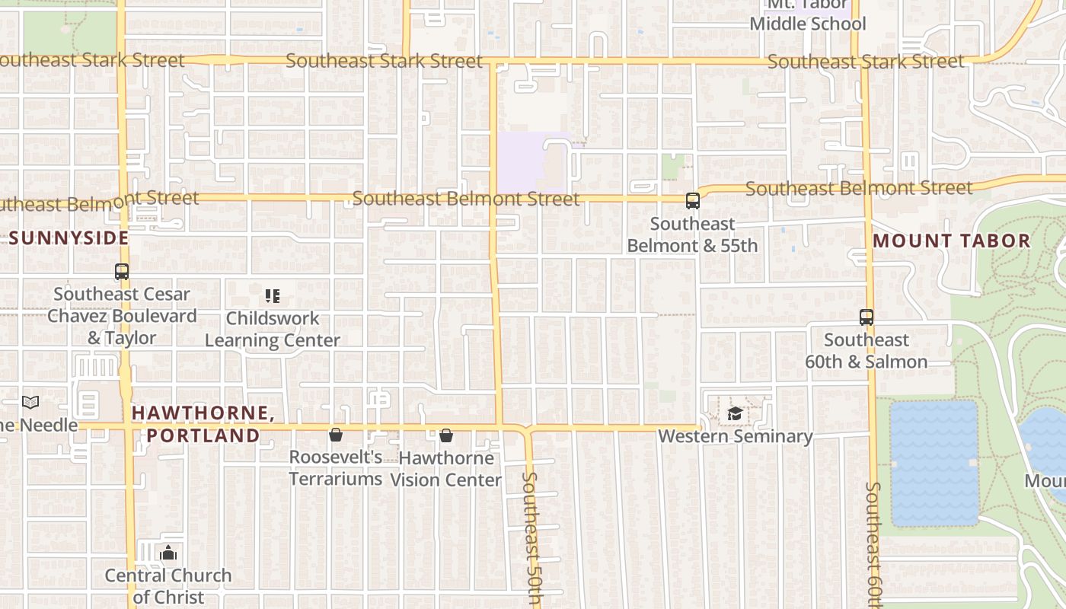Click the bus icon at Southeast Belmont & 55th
tap(693, 201)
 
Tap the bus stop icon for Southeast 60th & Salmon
tap(867, 317)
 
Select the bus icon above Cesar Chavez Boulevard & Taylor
tap(122, 271)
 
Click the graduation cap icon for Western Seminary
tap(735, 413)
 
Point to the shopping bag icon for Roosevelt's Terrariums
tap(335, 435)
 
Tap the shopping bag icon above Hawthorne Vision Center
tap(446, 435)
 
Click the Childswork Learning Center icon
tap(273, 295)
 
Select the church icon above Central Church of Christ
tap(168, 553)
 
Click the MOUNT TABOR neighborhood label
tap(951, 241)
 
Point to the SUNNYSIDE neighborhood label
tap(69, 238)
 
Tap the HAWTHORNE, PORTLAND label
tap(202, 424)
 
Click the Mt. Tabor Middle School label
tap(807, 17)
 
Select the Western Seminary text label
tap(736, 436)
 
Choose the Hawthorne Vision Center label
tap(446, 469)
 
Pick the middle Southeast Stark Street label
tap(384, 61)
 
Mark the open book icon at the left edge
tap(30, 402)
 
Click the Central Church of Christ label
tap(168, 586)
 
